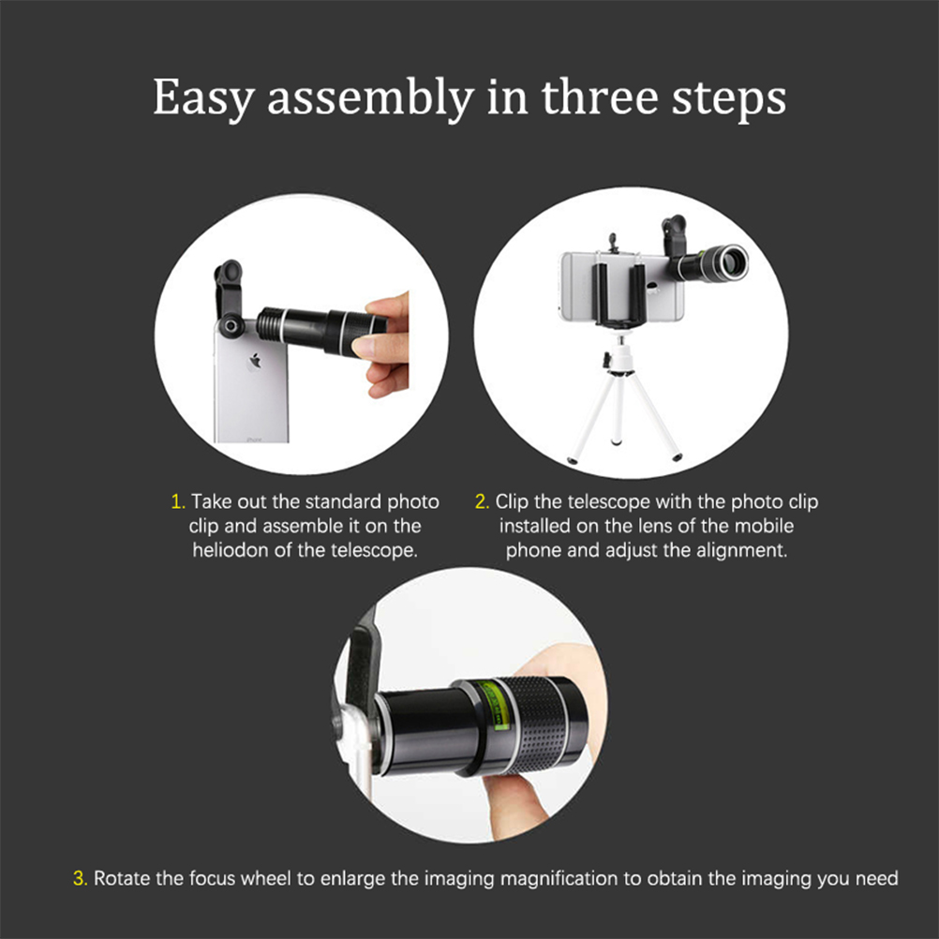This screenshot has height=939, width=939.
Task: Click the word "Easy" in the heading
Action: click(203, 98)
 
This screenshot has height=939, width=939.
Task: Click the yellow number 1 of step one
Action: click(178, 502)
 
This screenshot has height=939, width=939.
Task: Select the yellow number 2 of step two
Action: click(482, 502)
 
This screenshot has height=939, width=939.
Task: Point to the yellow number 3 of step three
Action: click(81, 878)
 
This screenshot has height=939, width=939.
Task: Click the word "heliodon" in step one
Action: click(231, 550)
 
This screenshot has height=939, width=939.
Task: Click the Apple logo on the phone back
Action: click(256, 361)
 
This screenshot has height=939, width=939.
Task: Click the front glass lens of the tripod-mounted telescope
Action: click(733, 263)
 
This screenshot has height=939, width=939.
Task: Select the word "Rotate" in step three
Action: click(122, 878)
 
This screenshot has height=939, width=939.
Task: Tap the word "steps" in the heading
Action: click(729, 98)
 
